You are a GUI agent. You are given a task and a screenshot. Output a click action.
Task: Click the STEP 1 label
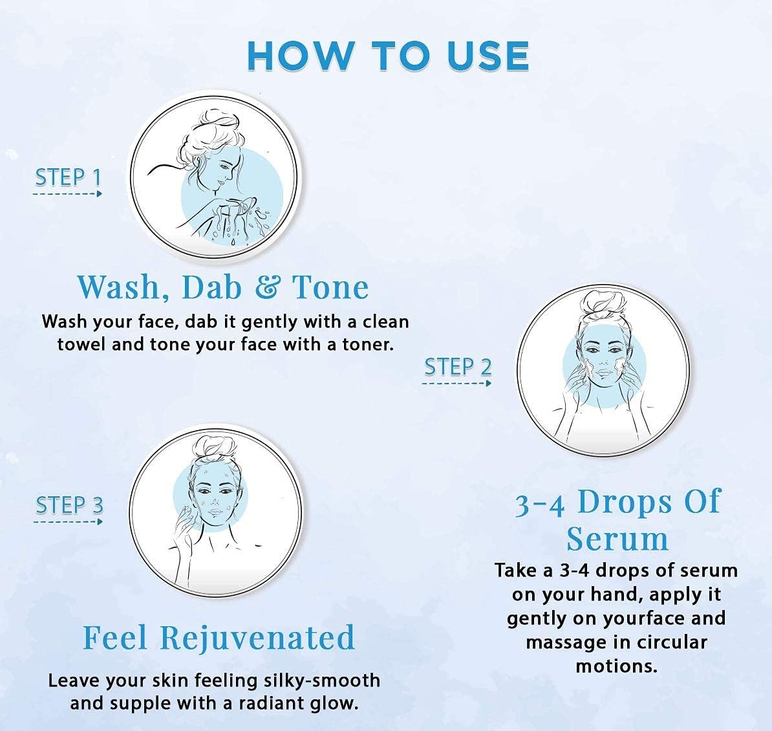(68, 177)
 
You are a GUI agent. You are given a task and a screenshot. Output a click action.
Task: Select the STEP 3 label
(69, 505)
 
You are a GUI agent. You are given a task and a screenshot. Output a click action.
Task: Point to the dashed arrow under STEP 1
(68, 193)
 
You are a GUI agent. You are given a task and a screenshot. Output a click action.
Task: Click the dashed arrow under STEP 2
(456, 383)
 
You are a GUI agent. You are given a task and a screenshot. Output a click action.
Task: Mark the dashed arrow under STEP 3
(68, 521)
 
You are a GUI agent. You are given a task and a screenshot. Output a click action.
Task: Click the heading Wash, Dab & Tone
(223, 287)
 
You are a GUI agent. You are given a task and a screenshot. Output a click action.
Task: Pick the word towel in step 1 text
(81, 344)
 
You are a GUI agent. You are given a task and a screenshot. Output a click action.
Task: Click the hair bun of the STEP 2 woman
(600, 304)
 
